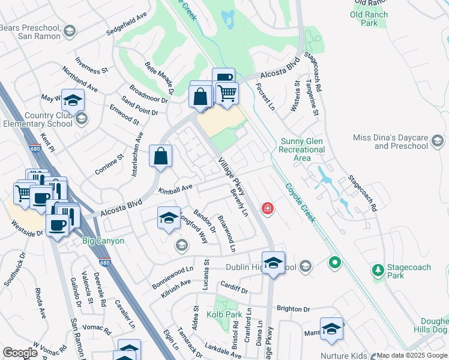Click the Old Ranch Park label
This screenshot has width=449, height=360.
pyautogui.click(x=369, y=19)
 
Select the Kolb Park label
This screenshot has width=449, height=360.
pyautogui.click(x=224, y=314)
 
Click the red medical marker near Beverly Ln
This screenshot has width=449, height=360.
pyautogui.click(x=267, y=209)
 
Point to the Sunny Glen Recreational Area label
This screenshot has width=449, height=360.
pyautogui.click(x=303, y=149)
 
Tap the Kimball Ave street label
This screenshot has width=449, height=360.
pyautogui.click(x=175, y=189)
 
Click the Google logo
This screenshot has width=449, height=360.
pyautogui.click(x=20, y=353)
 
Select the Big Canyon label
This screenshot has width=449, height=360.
pyautogui.click(x=103, y=241)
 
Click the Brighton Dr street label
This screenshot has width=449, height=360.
pyautogui.click(x=293, y=309)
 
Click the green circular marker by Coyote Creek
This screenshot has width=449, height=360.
pyautogui.click(x=335, y=263)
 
